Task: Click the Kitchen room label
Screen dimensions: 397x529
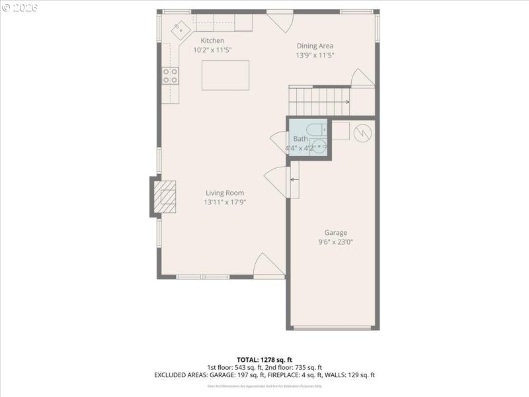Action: tap(212, 40)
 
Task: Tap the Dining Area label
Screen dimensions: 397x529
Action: tap(314, 46)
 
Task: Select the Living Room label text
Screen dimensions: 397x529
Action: tap(225, 193)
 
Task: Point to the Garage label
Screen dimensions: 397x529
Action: tap(335, 232)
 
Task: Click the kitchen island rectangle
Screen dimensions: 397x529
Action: tap(225, 75)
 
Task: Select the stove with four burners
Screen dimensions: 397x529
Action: tap(171, 76)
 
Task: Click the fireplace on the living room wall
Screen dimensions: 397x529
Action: tap(164, 197)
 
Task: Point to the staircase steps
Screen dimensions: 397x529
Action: tap(318, 101)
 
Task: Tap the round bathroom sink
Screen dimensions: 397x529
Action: tap(319, 147)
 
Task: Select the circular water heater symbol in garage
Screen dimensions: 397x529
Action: tap(362, 133)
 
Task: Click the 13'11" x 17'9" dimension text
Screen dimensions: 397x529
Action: tap(225, 202)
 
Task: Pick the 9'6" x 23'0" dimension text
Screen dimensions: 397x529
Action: tap(335, 242)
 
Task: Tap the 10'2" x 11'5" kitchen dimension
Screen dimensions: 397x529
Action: tap(212, 50)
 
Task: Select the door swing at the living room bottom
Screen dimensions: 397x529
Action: tap(268, 266)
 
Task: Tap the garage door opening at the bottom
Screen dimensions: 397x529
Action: tap(333, 328)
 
